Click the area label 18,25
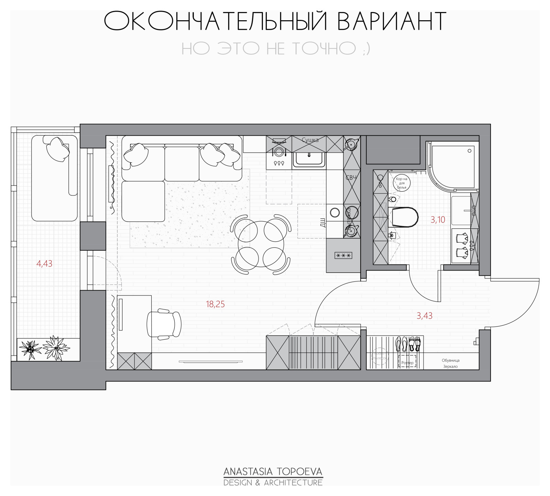(215, 304)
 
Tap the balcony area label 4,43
(44, 264)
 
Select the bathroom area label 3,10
(438, 220)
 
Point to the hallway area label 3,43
(425, 316)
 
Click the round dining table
(261, 244)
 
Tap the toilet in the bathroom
(404, 217)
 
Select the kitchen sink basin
(309, 159)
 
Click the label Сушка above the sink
(310, 140)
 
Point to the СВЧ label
(351, 178)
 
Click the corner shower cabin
(450, 165)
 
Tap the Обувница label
(450, 360)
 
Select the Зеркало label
(450, 367)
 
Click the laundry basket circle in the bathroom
(401, 183)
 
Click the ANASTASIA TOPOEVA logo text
(273, 471)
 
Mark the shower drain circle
(470, 151)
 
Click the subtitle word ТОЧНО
(324, 48)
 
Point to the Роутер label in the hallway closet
(408, 363)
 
